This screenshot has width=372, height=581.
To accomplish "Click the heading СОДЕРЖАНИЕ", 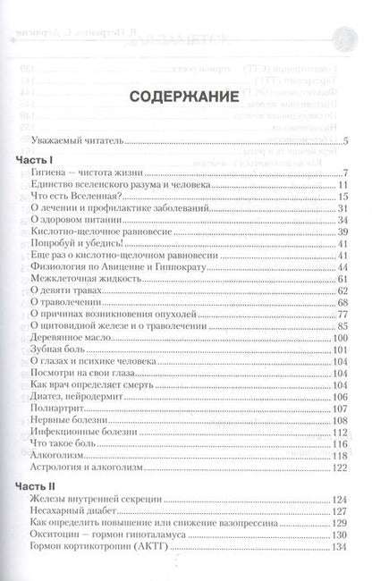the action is (x=187, y=97).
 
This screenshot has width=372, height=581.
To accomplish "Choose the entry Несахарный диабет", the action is (x=93, y=510).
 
